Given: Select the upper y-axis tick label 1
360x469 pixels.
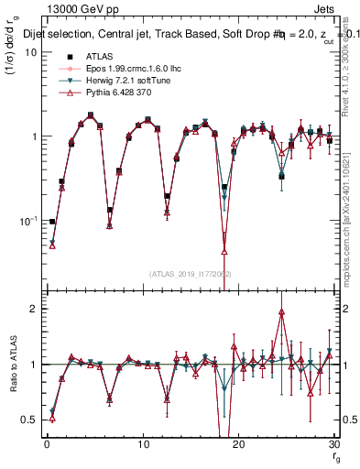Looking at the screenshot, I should point(34,136).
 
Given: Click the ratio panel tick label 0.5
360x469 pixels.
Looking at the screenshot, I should point(29,420).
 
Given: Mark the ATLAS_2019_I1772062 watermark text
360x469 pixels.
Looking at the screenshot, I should point(190,273).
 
